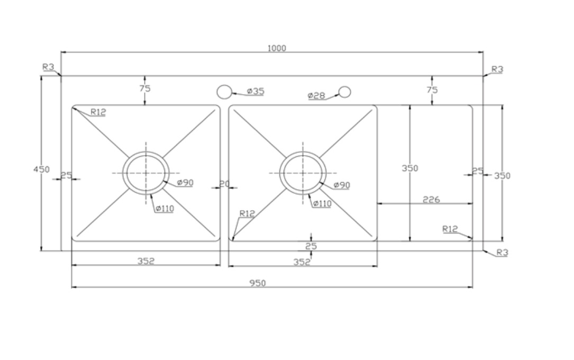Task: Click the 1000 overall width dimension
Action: coord(277,48)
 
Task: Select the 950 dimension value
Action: coord(258,283)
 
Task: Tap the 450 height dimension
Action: coord(41,169)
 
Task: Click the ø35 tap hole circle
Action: coord(224,92)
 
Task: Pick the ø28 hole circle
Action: coord(344,92)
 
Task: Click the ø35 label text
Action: coord(256,91)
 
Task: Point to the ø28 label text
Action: coord(316,96)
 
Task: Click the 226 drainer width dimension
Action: coord(431,200)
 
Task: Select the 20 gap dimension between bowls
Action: coord(224,184)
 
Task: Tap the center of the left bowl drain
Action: coord(146,173)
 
